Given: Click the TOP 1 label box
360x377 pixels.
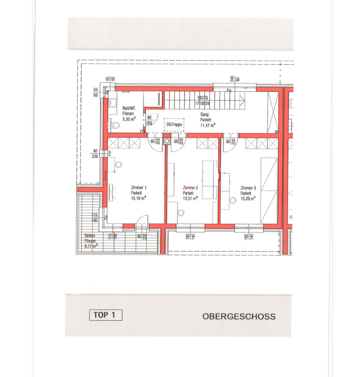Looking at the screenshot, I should click(106, 315).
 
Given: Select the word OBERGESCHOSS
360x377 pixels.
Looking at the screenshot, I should click(239, 317).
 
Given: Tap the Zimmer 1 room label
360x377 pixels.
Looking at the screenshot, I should click(139, 188).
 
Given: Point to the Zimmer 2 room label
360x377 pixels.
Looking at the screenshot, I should click(191, 188).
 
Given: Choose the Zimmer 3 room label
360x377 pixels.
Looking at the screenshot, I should click(248, 188).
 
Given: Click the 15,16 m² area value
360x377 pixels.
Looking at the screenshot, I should click(139, 198).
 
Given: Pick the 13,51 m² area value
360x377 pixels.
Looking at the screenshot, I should click(191, 198).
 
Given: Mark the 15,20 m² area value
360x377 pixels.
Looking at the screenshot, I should click(248, 198).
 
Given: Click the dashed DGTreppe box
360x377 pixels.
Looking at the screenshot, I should click(174, 124).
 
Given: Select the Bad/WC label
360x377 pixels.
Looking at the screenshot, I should click(129, 108).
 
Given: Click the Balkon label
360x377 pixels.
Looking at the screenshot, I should click(90, 235).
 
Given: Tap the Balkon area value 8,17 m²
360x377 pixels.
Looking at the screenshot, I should click(90, 246).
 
